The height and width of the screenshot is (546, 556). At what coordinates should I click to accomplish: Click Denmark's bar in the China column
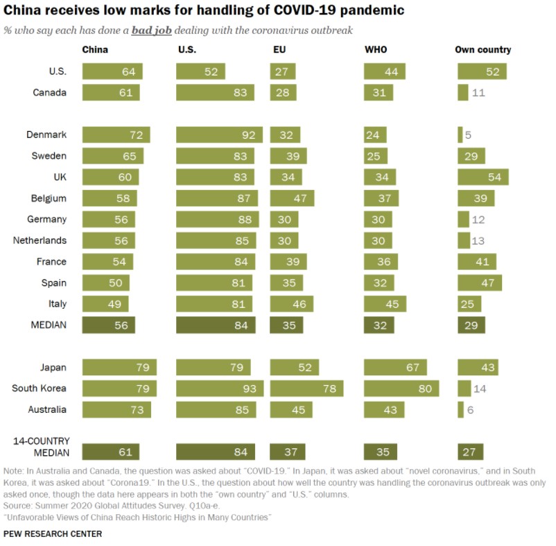(116, 135)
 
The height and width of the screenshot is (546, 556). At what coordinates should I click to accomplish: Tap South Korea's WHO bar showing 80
(401, 389)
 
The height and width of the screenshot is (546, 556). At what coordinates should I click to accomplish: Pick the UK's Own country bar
(483, 177)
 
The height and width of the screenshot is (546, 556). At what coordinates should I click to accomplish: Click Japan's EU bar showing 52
(295, 367)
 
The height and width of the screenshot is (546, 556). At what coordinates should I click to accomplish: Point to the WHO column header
(376, 50)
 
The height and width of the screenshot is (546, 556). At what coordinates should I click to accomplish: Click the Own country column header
(483, 50)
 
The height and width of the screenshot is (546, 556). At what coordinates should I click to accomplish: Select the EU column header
(279, 50)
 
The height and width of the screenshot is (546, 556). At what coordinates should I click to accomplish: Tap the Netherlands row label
(40, 241)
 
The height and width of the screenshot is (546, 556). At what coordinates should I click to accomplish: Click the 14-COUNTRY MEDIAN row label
(40, 447)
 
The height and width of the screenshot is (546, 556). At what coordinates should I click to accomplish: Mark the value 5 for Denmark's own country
(468, 135)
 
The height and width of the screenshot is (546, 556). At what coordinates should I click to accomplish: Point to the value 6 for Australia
(470, 410)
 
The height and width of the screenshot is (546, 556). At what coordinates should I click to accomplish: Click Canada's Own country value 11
(478, 93)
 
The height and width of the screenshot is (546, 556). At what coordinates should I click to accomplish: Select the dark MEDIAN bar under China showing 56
(108, 325)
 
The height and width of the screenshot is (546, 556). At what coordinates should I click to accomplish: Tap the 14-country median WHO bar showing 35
(379, 452)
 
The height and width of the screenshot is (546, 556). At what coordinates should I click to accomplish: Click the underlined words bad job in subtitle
(152, 31)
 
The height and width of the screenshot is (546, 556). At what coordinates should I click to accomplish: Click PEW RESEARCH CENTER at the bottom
(53, 534)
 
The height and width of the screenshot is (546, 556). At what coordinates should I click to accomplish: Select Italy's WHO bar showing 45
(385, 304)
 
